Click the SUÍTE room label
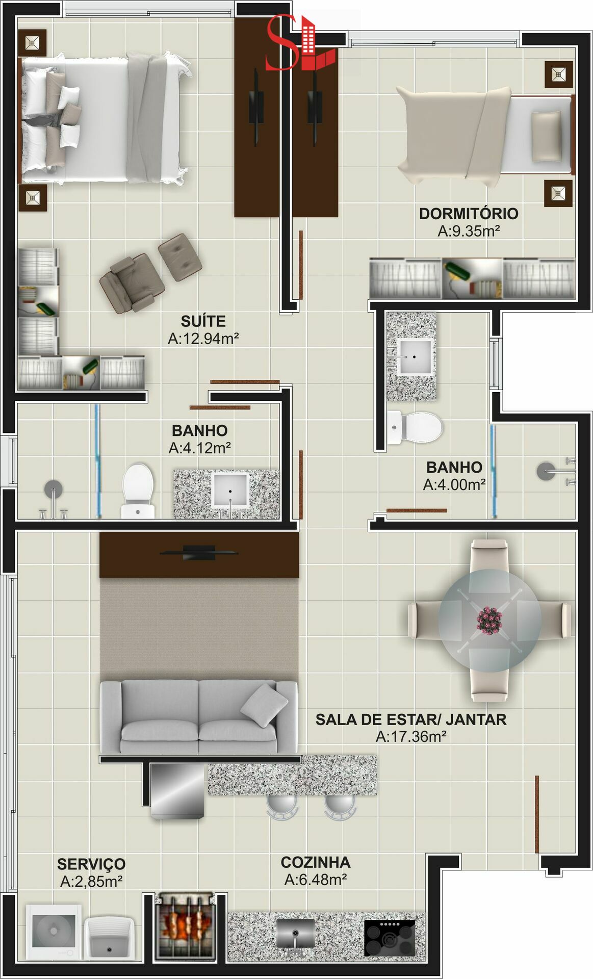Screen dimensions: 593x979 (x=203, y=321)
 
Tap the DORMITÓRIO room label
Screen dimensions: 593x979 (x=469, y=214)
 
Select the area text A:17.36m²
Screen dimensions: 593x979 (x=411, y=736)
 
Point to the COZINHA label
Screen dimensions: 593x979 (x=316, y=862)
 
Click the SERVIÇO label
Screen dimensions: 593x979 (x=91, y=864)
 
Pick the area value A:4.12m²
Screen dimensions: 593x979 (x=200, y=448)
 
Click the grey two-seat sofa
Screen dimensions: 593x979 (x=199, y=716)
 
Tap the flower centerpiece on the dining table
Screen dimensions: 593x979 (x=489, y=620)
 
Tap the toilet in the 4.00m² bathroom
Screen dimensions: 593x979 (x=415, y=427)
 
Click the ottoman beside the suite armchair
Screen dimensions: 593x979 (x=180, y=257)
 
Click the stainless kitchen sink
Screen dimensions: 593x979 (x=296, y=935)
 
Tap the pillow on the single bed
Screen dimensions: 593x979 (x=547, y=137)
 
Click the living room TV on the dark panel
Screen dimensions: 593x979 (x=199, y=552)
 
